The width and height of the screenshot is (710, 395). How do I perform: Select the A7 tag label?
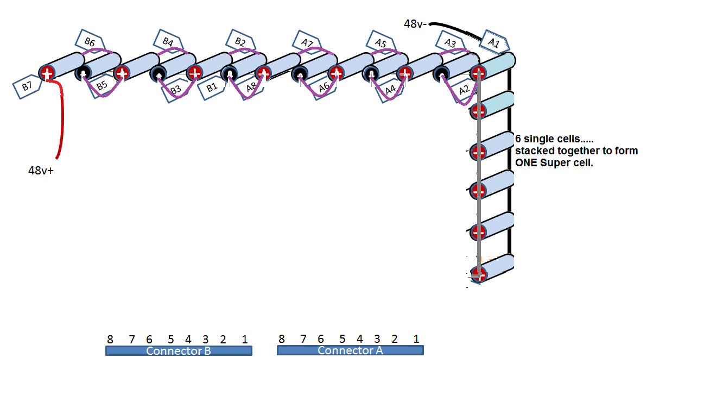coord(307,42)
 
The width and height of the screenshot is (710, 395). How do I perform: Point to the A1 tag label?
coord(494,42)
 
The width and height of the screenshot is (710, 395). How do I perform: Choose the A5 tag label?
coord(381,42)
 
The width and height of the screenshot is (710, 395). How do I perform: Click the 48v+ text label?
coord(41,170)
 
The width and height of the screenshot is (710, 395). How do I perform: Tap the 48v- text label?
coord(415,24)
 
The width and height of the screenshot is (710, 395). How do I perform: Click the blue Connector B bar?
coord(179,351)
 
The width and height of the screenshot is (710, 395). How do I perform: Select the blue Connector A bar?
coord(350,350)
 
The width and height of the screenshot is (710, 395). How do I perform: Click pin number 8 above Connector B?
coord(110,339)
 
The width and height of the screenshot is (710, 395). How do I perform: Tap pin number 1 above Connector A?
coord(416,339)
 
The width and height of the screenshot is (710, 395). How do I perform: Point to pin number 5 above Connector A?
coord(342,339)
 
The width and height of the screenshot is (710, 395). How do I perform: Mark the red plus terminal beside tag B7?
coord(47,73)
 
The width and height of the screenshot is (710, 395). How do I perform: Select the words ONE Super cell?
coord(554,162)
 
